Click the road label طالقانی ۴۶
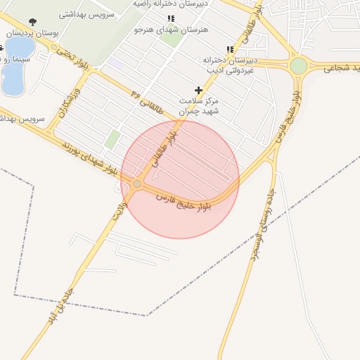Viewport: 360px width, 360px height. (147, 103)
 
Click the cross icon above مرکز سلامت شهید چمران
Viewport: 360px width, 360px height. (199, 90)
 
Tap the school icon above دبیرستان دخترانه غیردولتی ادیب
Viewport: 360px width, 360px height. (230, 49)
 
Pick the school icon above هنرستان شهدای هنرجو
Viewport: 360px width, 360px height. (171, 19)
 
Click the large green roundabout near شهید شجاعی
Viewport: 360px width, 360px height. (299, 65)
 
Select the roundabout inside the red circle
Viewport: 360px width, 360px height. (137, 184)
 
